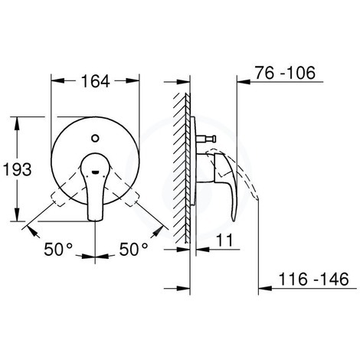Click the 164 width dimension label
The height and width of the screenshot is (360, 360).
pos(95,81)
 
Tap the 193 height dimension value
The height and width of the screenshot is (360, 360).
pos(18,169)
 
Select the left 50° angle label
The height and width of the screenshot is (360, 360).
pos(58,249)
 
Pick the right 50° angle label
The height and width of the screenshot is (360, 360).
pos(133,249)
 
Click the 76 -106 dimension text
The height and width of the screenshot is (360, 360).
pos(285,73)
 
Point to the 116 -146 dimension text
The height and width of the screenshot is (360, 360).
pos(313,279)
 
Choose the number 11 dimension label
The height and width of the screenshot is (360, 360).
pos(224,240)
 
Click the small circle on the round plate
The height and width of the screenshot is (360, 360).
pos(95,139)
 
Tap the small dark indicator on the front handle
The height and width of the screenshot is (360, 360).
pos(95,172)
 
